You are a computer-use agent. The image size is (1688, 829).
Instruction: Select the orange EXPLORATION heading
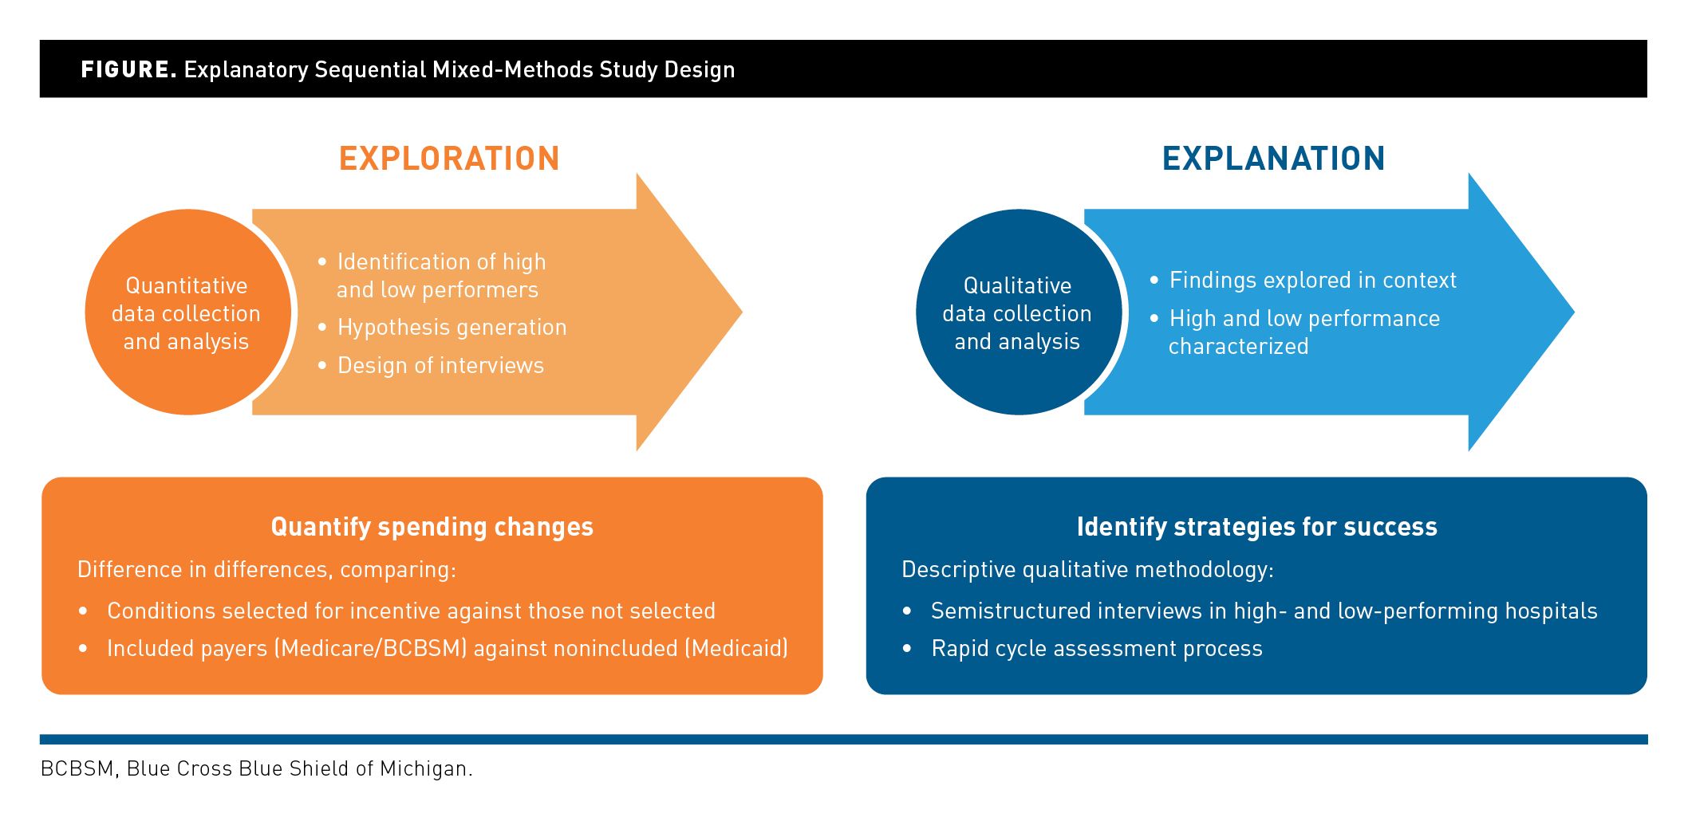(449, 159)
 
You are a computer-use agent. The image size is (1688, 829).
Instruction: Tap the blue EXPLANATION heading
(1273, 159)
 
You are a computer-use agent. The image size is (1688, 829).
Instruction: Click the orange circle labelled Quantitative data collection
(187, 312)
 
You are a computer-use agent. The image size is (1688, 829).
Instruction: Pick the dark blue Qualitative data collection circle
(1017, 312)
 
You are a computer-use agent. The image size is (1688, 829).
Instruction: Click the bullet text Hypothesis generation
(452, 328)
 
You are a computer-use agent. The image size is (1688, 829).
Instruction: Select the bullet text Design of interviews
(440, 366)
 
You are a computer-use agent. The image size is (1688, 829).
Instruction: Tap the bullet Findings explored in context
(1312, 281)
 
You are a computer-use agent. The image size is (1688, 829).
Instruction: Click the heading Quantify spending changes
(432, 527)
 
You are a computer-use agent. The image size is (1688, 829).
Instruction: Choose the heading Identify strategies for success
(1256, 527)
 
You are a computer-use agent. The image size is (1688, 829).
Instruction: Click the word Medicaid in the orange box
(739, 649)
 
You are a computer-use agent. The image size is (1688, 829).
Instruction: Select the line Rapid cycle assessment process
(1096, 649)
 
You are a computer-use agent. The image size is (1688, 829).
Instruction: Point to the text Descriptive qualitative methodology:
(1087, 570)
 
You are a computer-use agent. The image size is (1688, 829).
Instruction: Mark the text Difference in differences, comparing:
(266, 570)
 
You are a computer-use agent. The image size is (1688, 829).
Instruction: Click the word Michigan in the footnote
(425, 769)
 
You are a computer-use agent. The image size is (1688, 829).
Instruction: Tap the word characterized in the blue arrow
(1238, 347)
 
